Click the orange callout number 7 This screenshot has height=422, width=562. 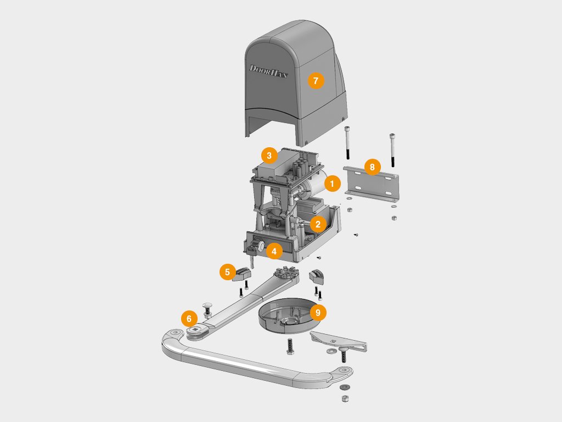[316, 80]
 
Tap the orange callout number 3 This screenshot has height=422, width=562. [269, 156]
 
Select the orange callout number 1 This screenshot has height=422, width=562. [332, 184]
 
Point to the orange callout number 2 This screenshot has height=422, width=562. [318, 225]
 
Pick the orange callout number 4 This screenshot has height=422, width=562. [274, 251]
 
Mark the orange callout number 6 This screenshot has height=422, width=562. [189, 318]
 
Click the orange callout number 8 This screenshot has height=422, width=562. [373, 167]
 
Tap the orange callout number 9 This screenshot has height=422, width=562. [318, 313]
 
